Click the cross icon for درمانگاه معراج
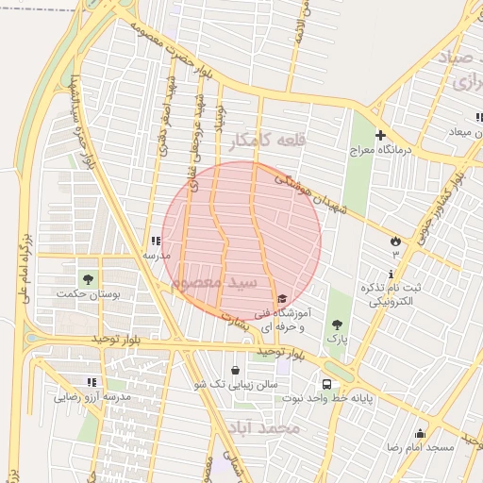pyautogui.click(x=380, y=136)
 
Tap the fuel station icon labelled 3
pyautogui.click(x=394, y=241)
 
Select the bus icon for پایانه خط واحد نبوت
pyautogui.click(x=326, y=385)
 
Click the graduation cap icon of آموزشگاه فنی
pyautogui.click(x=282, y=299)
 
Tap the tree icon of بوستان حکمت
pyautogui.click(x=88, y=279)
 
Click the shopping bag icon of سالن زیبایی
pyautogui.click(x=236, y=370)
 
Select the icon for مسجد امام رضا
pyautogui.click(x=421, y=433)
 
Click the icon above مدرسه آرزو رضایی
pyautogui.click(x=92, y=382)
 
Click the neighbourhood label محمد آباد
pyautogui.click(x=263, y=428)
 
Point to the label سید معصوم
pyautogui.click(x=216, y=283)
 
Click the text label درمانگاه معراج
pyautogui.click(x=376, y=150)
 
